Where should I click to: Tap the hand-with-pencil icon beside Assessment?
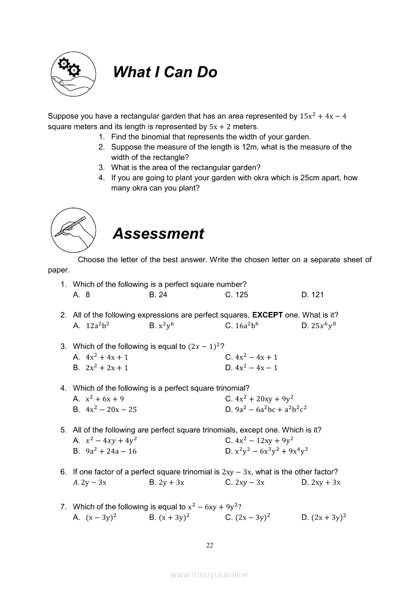73,230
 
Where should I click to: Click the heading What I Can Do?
165,72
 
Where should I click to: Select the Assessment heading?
158,233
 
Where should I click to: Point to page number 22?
210,545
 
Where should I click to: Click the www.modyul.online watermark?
209,574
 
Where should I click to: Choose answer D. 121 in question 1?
312,295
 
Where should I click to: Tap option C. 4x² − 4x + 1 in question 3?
251,357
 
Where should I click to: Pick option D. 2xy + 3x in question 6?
321,483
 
